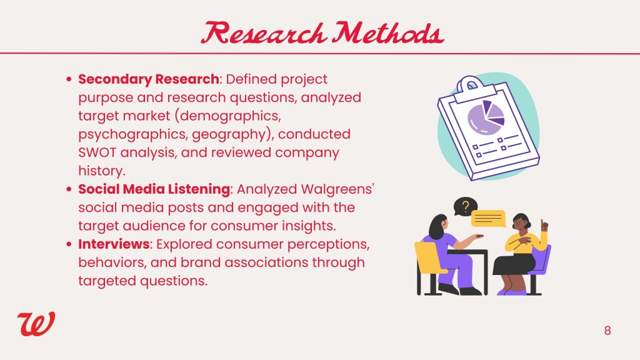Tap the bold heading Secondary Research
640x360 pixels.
pos(149,79)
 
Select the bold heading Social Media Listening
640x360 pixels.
pos(154,189)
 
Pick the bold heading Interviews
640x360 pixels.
pos(114,244)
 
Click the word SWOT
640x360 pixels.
pos(97,152)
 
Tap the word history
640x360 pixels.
pos(102,171)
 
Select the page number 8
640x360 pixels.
pos(607,331)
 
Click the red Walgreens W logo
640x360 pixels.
pos(36,324)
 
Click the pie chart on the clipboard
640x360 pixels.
pos(486,117)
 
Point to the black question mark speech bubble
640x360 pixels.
pos(465,206)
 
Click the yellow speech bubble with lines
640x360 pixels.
pos(489,218)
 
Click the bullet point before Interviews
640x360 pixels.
pos(69,244)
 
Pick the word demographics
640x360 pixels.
pos(230,116)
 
